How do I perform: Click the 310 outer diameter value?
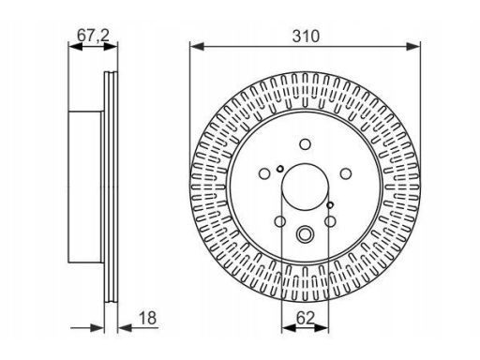coord(306,37)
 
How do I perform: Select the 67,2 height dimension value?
coord(93,35)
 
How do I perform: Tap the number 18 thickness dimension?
coord(147,318)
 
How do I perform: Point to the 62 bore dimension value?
coord(305,318)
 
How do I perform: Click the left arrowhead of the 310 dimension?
coord(197,47)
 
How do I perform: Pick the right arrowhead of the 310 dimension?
coord(413,47)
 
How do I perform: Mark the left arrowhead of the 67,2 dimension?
coord(75,47)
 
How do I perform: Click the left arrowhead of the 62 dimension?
coord(289,328)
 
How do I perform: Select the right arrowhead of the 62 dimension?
coord(322,328)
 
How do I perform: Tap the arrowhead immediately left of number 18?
coord(125,328)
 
